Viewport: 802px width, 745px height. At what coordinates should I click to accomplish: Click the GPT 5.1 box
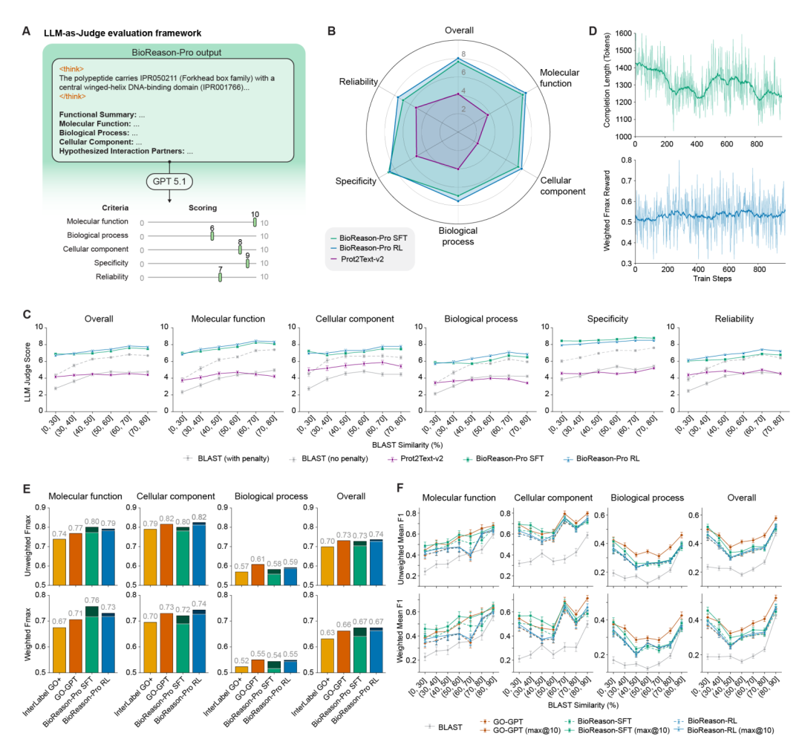169,181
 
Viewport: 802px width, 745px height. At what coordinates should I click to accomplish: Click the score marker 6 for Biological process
212,235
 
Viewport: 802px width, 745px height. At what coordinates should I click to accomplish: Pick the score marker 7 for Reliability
220,276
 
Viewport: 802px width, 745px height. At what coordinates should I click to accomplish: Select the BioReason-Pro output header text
169,51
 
